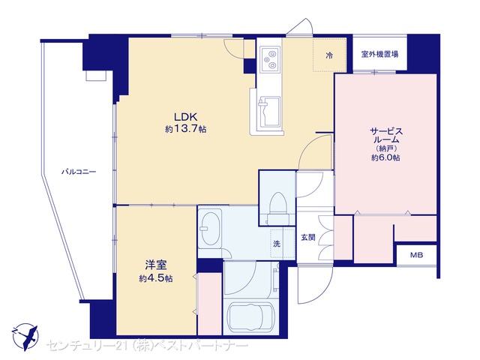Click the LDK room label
(185, 117)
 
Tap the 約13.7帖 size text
(185, 129)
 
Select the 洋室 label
(156, 265)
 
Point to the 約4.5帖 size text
(156, 278)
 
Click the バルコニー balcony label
(79, 172)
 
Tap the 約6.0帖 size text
(385, 157)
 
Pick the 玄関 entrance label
(308, 238)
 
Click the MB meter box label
(417, 255)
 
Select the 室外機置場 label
(380, 55)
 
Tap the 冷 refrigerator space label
(329, 55)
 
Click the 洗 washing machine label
(277, 244)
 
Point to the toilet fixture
(278, 208)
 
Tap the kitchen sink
(269, 112)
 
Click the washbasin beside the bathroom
(210, 228)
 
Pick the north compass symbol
(25, 337)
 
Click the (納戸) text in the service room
(386, 148)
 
